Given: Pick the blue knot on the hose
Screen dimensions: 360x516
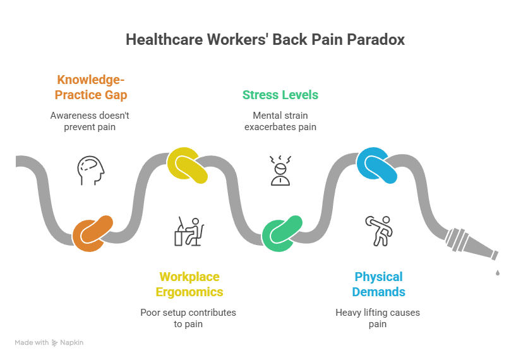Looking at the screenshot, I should [x=378, y=165].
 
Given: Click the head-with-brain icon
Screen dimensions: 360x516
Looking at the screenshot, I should [x=90, y=170].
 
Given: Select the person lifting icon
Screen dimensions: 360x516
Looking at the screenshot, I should [x=378, y=231].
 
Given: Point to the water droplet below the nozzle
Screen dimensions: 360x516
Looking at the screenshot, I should [x=498, y=272].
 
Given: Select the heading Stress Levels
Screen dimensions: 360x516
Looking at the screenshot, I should [x=280, y=95].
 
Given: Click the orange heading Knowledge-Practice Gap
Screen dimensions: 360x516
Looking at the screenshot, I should [x=92, y=87].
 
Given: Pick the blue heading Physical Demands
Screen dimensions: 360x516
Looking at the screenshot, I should [x=378, y=284].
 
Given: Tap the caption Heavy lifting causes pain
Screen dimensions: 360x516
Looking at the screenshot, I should [x=377, y=318].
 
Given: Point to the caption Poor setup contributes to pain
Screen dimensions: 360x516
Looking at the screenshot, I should [x=189, y=318].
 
